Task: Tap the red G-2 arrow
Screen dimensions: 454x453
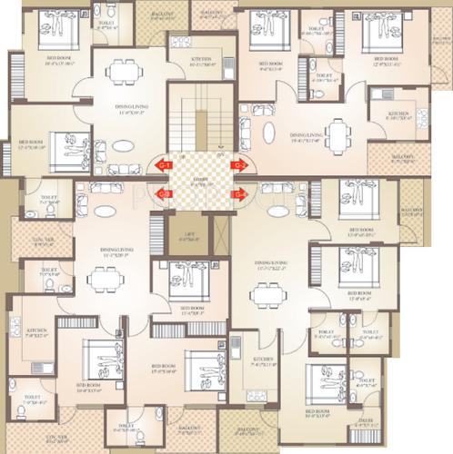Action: coord(239,165)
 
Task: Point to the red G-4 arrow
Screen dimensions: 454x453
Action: coord(240,192)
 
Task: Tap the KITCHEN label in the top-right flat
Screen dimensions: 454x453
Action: coord(398,115)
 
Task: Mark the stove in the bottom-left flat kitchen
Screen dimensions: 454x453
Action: coord(15,324)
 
